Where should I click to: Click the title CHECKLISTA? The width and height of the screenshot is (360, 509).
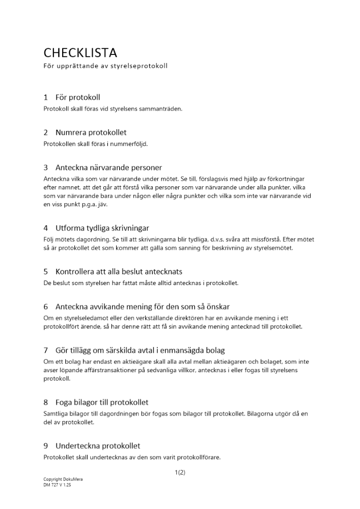click(80, 52)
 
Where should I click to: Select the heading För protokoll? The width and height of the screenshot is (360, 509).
click(77, 97)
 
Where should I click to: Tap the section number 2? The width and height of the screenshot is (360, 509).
click(46, 132)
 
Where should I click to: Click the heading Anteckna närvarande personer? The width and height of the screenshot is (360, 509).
click(108, 167)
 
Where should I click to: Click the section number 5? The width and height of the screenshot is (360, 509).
click(46, 271)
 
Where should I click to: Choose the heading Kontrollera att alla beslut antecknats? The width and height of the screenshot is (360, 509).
click(119, 271)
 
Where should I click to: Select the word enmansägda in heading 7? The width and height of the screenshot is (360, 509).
click(178, 350)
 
